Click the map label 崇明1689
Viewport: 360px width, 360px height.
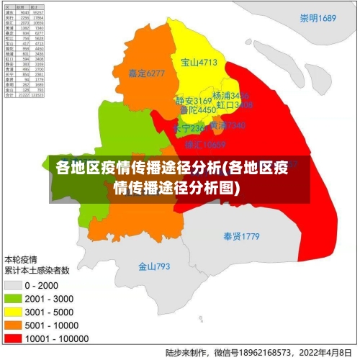coord(319,18)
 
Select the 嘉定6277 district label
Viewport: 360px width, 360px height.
coord(146,73)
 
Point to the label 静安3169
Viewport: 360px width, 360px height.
coord(194,101)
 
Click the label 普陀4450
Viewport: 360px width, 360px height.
coord(197,110)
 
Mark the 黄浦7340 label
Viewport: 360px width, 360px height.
coord(228,125)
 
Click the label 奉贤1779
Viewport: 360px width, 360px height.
coord(241,236)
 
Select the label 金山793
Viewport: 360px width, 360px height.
coord(154,266)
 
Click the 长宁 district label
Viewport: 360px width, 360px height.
coord(189,128)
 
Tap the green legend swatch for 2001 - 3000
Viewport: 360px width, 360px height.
coord(13,297)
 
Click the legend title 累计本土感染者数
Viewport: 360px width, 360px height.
coord(37,271)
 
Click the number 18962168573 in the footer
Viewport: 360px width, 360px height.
coord(261,352)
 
